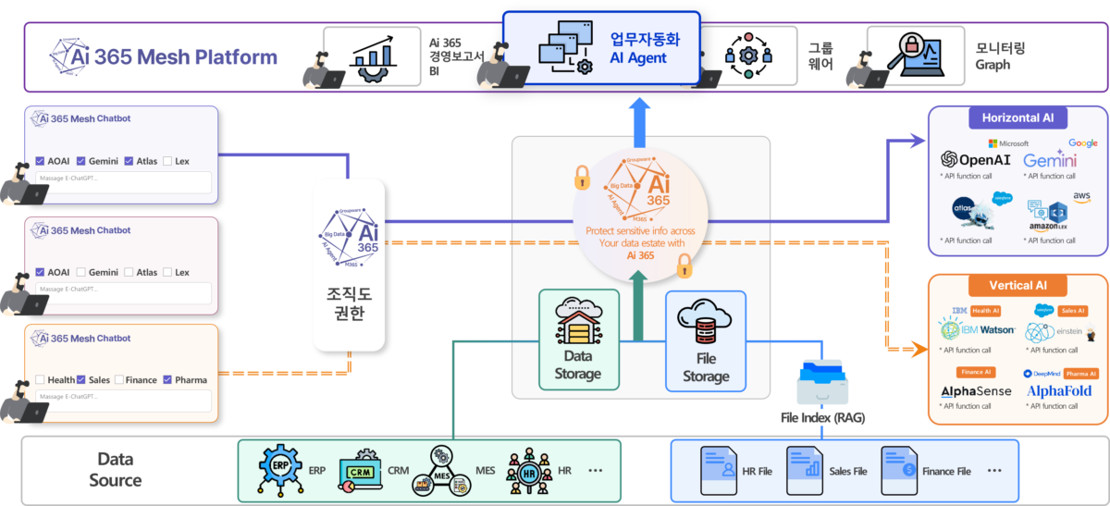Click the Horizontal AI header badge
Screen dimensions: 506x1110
coord(1017,118)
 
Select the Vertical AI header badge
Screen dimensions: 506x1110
coord(1017,286)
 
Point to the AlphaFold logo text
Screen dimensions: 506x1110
coord(1059,391)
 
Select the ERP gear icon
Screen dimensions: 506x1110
coord(279,469)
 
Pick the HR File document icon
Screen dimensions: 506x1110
coord(718,470)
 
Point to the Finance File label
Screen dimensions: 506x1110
coord(944,472)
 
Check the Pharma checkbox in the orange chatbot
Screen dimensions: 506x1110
coord(167,379)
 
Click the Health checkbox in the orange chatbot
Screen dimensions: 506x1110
coord(40,379)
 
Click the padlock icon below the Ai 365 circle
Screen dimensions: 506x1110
coord(684,267)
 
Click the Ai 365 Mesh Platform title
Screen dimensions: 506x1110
coord(164,57)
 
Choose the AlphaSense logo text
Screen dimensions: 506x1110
coord(976,392)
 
